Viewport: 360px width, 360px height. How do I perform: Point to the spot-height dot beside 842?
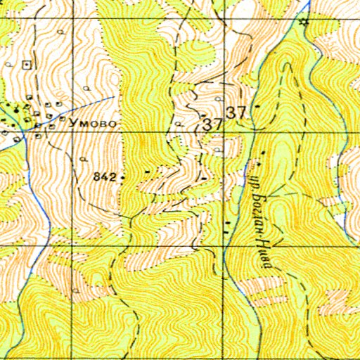coord(122,178)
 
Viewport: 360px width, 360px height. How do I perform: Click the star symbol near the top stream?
coord(304,22)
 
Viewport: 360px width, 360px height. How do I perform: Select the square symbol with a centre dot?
coord(27,64)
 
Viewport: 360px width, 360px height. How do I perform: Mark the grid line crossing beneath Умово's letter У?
coord(72,132)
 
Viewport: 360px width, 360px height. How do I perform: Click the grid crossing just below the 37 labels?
coord(226,132)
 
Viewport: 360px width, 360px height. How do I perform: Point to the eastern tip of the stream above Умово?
coord(114,96)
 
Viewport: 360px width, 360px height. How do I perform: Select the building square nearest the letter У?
coord(62,120)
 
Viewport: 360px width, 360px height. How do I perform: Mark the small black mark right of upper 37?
coord(258,107)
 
